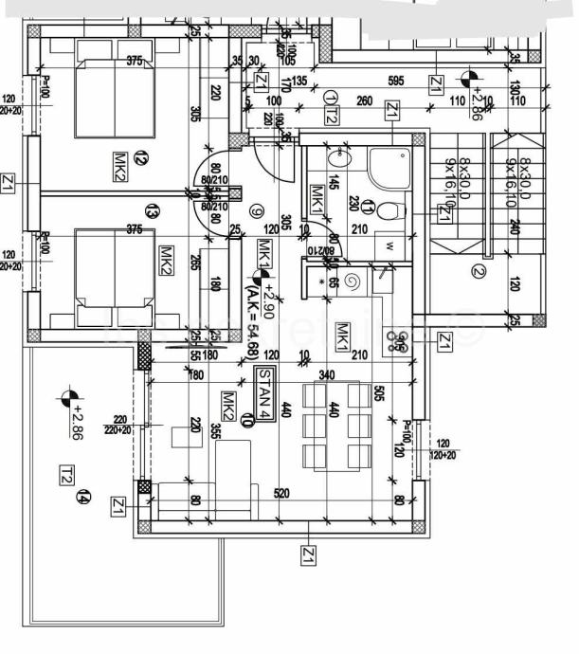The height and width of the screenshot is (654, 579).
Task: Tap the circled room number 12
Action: [x=141, y=158]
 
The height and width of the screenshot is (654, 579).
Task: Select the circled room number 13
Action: [x=151, y=210]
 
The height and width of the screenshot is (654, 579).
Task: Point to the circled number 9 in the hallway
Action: [x=255, y=211]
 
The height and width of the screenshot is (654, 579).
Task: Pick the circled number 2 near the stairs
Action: [x=478, y=274]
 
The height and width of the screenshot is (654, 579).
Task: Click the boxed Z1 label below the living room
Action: [x=309, y=554]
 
